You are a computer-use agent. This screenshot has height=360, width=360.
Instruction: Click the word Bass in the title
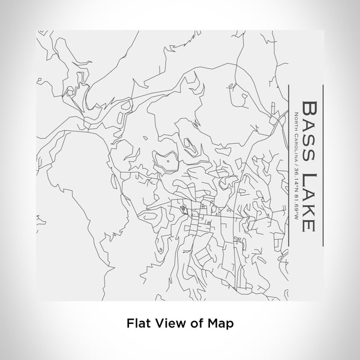pyautogui.click(x=308, y=132)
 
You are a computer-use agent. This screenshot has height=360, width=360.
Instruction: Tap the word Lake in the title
pyautogui.click(x=308, y=201)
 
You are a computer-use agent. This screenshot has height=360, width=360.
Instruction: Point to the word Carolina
pyautogui.click(x=294, y=149)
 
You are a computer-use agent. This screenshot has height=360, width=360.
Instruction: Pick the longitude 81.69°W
pyautogui.click(x=294, y=209)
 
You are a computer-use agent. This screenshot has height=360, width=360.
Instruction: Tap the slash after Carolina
pyautogui.click(x=294, y=168)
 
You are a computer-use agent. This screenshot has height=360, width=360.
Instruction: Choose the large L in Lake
pyautogui.click(x=308, y=178)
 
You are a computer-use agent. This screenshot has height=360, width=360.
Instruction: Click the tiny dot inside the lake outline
pyautogui.click(x=169, y=160)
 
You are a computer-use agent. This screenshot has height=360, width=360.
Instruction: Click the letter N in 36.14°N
pyautogui.click(x=294, y=196)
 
